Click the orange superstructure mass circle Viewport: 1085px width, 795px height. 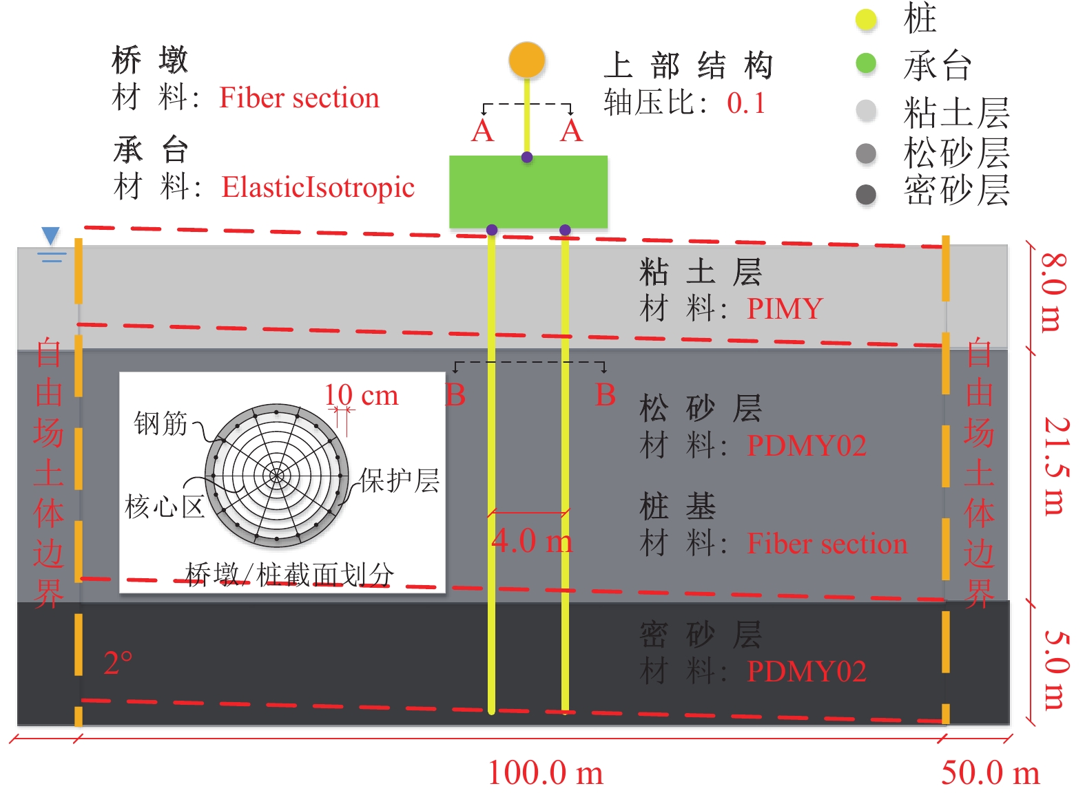click(527, 60)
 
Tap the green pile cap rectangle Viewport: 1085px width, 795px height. click(528, 191)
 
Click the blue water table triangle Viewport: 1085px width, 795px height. click(50, 236)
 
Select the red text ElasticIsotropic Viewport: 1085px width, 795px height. click(318, 187)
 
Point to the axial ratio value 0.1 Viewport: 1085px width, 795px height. click(746, 104)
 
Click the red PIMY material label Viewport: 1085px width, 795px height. click(785, 308)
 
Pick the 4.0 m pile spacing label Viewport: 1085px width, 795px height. click(532, 541)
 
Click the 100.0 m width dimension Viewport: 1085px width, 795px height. click(545, 772)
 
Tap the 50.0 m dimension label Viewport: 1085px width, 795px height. click(990, 772)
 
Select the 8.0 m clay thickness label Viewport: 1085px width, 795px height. click(1052, 293)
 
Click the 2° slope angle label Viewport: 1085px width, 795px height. click(118, 664)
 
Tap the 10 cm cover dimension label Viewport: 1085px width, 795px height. click(361, 395)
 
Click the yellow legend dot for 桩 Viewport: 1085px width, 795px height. click(866, 20)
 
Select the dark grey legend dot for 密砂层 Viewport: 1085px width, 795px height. click(866, 195)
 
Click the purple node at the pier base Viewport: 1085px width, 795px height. click(527, 158)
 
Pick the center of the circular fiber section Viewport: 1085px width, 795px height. click(277, 475)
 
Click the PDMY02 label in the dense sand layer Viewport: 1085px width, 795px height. click(807, 671)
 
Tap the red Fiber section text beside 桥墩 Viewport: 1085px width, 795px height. click(299, 98)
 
